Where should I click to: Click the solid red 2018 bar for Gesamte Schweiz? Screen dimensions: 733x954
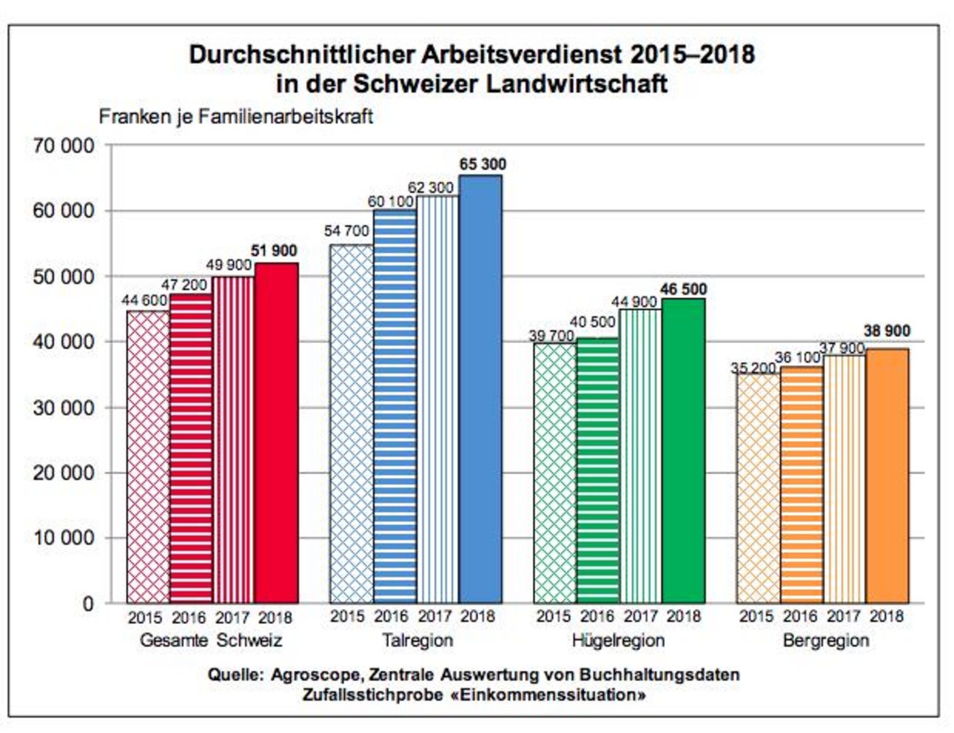click(276, 433)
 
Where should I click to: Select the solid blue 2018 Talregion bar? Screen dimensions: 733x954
click(480, 389)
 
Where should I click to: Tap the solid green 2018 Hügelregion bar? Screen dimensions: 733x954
click(683, 450)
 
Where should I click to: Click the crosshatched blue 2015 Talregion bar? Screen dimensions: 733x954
click(352, 423)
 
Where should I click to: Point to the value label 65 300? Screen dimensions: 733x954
click(482, 164)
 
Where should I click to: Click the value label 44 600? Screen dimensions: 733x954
click(144, 300)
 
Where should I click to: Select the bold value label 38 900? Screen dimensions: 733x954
click(887, 331)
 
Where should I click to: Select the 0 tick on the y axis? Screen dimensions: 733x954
click(88, 604)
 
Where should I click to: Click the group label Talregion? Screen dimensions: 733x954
click(417, 641)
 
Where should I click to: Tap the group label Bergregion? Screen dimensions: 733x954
click(826, 641)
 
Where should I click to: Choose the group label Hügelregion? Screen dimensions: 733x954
click(618, 641)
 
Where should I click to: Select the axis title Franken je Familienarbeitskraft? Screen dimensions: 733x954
click(236, 117)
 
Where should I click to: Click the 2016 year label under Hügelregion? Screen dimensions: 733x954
click(597, 617)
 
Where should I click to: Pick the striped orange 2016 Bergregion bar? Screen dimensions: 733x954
click(801, 484)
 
